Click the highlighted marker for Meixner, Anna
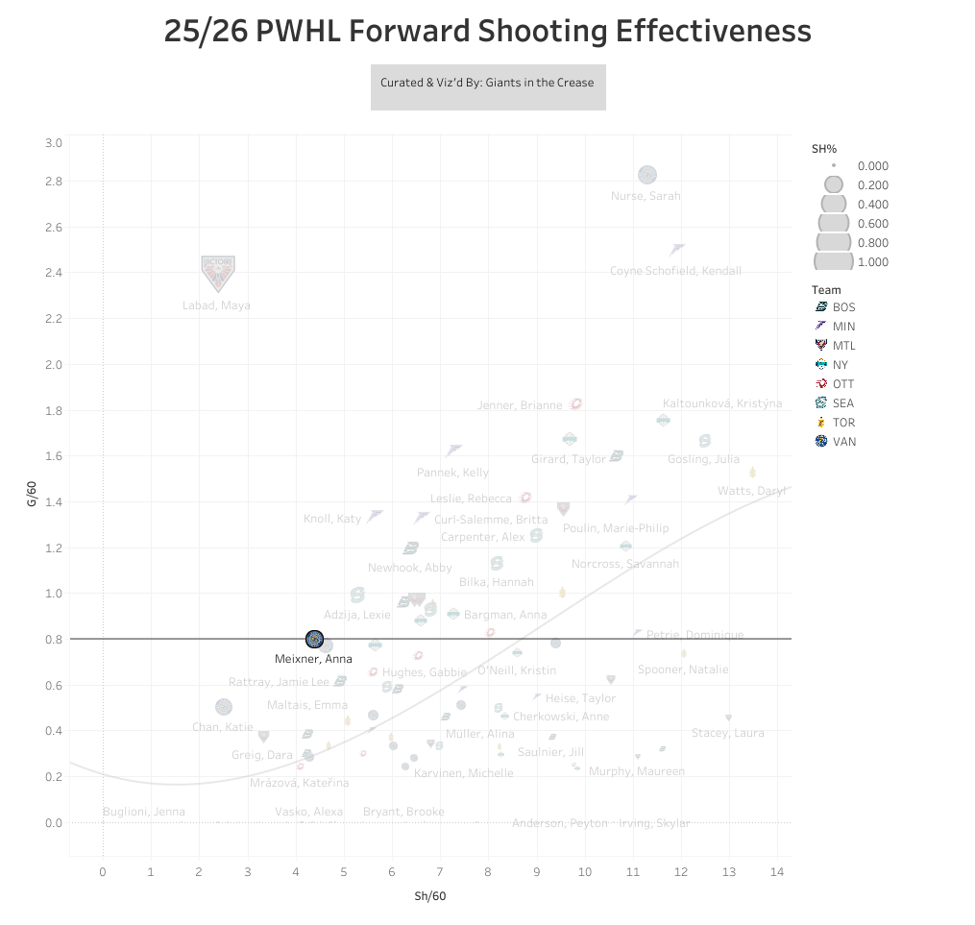314,640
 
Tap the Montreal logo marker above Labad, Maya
218,273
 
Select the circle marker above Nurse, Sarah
647,175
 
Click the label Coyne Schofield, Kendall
675,271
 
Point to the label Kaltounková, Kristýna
722,403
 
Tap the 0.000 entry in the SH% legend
850,166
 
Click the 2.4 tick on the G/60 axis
53,273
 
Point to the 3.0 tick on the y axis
53,143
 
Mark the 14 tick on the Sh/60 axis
777,872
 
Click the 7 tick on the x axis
440,872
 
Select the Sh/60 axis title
429,896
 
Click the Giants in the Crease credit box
488,83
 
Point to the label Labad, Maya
216,305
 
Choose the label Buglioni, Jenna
143,812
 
